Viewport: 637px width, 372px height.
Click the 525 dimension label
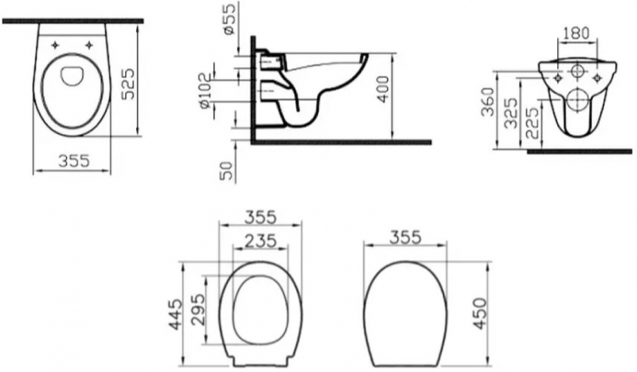tap(128, 84)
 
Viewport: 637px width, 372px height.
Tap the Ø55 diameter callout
tap(229, 18)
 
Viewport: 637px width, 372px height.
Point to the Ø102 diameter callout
tap(205, 90)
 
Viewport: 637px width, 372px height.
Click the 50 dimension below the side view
tap(227, 171)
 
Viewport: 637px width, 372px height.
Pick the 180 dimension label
tap(576, 33)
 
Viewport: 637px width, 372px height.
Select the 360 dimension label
tap(488, 102)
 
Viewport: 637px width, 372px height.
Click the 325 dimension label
tap(511, 113)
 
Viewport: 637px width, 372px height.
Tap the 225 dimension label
tap(533, 123)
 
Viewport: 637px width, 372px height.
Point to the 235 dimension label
tap(261, 241)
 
